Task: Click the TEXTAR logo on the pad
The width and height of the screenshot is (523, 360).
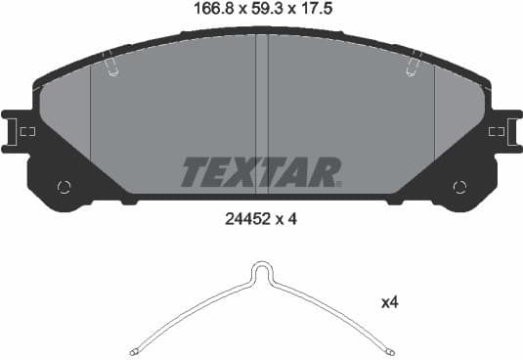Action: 260,172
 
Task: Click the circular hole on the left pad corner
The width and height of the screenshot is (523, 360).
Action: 65,187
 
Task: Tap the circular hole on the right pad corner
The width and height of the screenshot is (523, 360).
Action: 459,187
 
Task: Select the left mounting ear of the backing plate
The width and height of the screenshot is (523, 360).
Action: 19,130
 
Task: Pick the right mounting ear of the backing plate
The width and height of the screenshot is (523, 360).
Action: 505,130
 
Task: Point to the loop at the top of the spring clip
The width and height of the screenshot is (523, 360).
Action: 262,269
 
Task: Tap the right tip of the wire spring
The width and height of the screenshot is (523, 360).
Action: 391,350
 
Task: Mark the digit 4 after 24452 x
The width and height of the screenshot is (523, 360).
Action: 292,219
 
